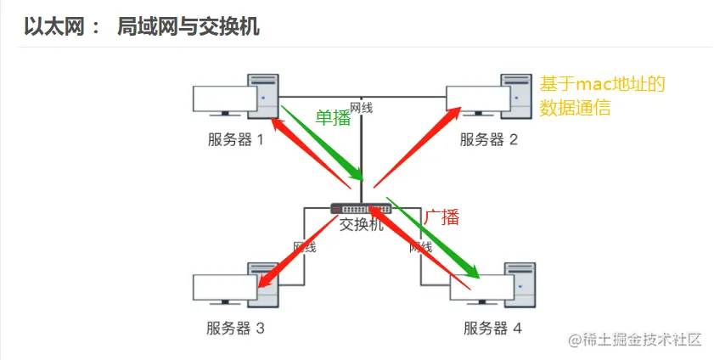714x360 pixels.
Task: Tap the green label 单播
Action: (x=333, y=118)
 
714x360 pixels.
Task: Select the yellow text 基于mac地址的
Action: (x=600, y=84)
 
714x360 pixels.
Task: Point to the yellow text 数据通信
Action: (x=575, y=108)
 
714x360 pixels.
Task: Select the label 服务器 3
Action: (x=236, y=328)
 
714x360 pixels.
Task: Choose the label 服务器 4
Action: (x=492, y=328)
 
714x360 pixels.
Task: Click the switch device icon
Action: (x=361, y=209)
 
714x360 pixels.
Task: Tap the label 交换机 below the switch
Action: (x=361, y=225)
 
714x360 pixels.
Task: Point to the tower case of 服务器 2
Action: (x=519, y=99)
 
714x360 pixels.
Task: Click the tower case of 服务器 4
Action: (x=519, y=288)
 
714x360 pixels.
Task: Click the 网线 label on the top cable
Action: (x=362, y=108)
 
